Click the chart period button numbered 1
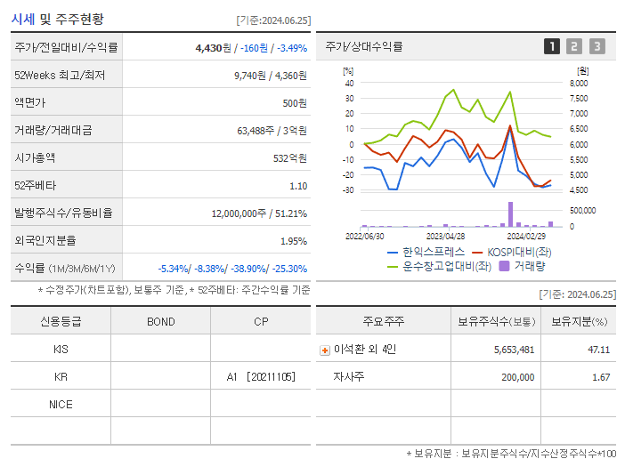[x=552, y=46]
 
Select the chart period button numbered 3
[x=597, y=46]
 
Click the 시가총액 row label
[x=35, y=157]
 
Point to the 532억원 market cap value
[x=291, y=157]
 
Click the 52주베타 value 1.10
[x=298, y=185]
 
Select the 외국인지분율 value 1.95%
[x=293, y=240]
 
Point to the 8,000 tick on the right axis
[x=578, y=83]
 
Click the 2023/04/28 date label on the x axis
[x=445, y=237]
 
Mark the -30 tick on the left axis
[x=348, y=189]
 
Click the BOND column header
[x=160, y=321]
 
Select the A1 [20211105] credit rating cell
[x=260, y=376]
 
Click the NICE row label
[x=61, y=404]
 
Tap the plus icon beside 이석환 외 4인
[x=325, y=350]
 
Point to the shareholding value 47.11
[x=598, y=350]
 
